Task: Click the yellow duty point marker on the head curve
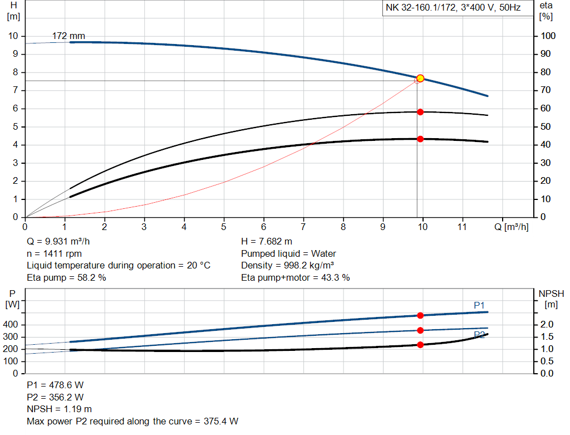pyautogui.click(x=420, y=79)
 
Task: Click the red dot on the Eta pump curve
pyautogui.click(x=420, y=112)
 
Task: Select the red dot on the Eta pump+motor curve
pyautogui.click(x=420, y=139)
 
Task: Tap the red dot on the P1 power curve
pyautogui.click(x=420, y=316)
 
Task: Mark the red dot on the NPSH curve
pyautogui.click(x=420, y=345)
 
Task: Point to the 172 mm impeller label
pyautogui.click(x=68, y=36)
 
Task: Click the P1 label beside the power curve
pyautogui.click(x=479, y=305)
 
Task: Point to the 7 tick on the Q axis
pyautogui.click(x=303, y=227)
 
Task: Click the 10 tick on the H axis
pyautogui.click(x=14, y=36)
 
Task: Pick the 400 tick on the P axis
pyautogui.click(x=11, y=325)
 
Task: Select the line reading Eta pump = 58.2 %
pyautogui.click(x=66, y=277)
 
